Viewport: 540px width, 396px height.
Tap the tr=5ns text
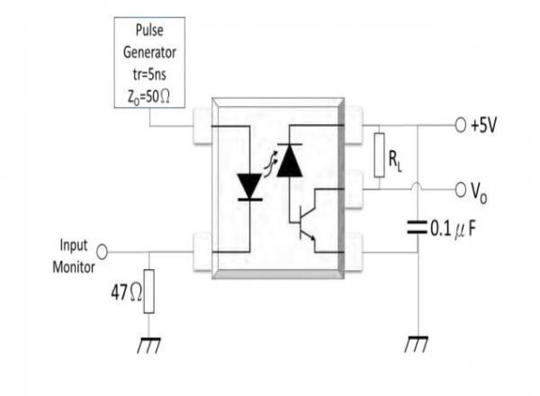tap(149, 75)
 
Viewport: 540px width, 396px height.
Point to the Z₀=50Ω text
tap(148, 97)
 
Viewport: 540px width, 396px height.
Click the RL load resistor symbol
tap(379, 155)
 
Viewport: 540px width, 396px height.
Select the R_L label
tap(395, 161)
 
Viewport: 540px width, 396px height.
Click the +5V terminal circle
tap(461, 125)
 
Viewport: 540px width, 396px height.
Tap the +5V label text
tap(484, 125)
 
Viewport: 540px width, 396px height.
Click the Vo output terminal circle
tap(461, 189)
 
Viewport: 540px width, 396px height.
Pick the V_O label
tap(479, 192)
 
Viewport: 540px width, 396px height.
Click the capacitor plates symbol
tap(417, 228)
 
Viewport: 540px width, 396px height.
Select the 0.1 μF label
tap(454, 229)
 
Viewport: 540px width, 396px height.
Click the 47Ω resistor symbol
tap(148, 292)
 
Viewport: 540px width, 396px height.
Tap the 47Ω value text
tap(126, 292)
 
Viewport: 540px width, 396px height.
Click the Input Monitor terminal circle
tap(102, 252)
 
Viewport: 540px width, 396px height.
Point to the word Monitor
tap(74, 267)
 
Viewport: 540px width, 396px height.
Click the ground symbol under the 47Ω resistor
tap(148, 345)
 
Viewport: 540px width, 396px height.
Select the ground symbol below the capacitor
tap(417, 344)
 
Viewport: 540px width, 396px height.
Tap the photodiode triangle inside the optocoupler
tap(290, 160)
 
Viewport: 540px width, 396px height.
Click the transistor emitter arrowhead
tap(313, 238)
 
